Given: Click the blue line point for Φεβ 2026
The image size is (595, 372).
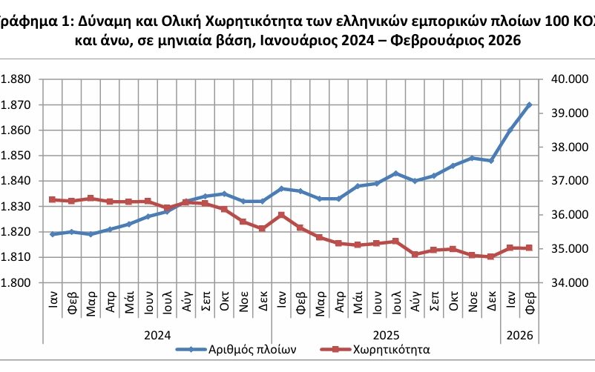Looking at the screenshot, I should (x=529, y=104).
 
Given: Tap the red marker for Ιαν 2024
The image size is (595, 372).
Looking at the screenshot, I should (x=52, y=199).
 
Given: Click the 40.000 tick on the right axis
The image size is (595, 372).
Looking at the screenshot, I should (x=568, y=79).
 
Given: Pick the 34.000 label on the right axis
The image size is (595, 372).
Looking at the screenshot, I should (x=568, y=283).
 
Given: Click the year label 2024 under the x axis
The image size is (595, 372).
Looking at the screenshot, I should (x=157, y=335).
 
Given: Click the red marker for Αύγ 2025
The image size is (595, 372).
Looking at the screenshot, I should (x=415, y=254).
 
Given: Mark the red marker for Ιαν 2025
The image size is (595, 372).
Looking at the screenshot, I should (x=281, y=215).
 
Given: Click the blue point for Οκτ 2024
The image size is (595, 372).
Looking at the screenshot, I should (x=224, y=193).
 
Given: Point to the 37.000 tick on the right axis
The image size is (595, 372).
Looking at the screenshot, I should (x=568, y=181).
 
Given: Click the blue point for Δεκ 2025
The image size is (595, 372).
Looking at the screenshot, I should (x=491, y=161).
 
